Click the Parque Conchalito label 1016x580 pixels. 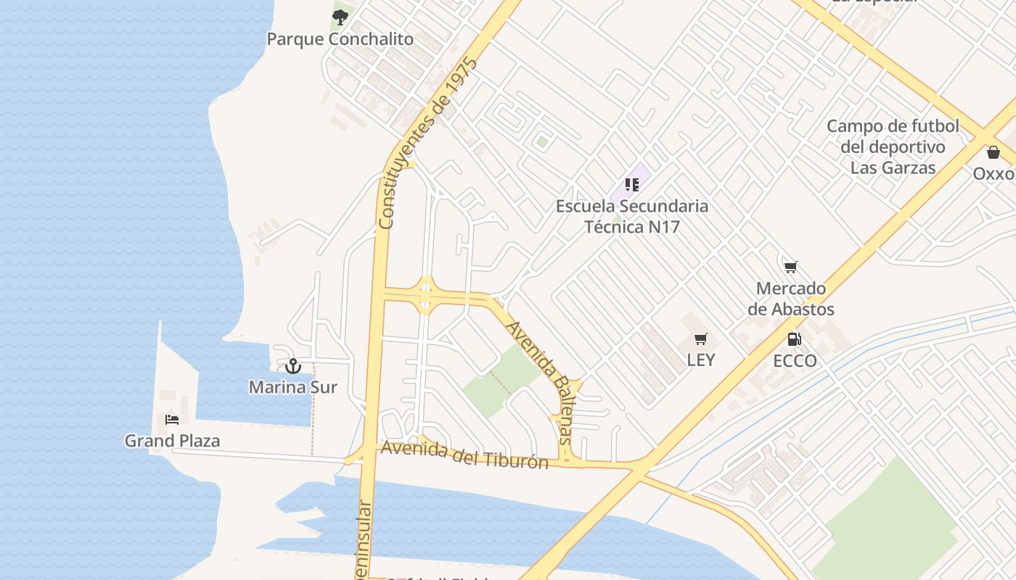[340, 39]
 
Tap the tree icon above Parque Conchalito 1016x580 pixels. [340, 17]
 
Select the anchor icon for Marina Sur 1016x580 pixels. [292, 366]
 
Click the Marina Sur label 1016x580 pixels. [292, 387]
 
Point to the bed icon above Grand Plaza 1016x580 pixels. [172, 420]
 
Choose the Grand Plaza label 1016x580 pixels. [172, 441]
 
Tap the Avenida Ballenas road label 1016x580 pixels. [540, 382]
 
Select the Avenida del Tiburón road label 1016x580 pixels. [464, 455]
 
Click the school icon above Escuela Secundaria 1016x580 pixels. [631, 185]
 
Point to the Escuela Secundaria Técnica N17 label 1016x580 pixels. [632, 216]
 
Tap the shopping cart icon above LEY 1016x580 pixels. [700, 339]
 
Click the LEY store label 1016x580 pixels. [700, 360]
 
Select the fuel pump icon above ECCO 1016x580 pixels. [795, 339]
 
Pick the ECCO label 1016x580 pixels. [795, 361]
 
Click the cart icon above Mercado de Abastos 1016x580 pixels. [791, 268]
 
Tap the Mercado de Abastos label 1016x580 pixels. [791, 299]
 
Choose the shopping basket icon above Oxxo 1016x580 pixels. [993, 152]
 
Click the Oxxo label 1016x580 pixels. [994, 174]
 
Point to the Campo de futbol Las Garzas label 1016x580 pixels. [893, 147]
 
